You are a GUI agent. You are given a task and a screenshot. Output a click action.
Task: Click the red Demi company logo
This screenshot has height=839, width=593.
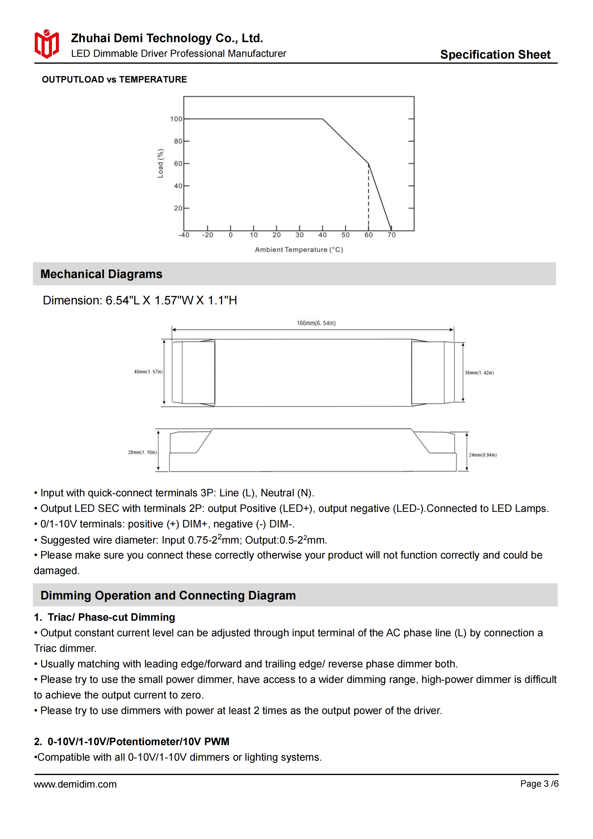tap(47, 44)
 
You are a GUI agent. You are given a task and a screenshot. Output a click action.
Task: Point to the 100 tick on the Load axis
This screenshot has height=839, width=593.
tap(176, 119)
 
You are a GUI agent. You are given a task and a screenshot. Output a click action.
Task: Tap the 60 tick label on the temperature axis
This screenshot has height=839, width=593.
tap(368, 235)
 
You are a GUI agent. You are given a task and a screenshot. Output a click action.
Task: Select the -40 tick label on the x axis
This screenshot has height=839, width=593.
tap(184, 235)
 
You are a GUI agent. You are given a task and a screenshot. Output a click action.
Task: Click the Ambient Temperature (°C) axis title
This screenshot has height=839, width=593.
tap(299, 250)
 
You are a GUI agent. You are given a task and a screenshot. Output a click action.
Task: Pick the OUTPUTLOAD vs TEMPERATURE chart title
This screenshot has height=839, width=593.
tap(114, 80)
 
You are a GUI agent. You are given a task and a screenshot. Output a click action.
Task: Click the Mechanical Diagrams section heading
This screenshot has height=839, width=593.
tap(101, 274)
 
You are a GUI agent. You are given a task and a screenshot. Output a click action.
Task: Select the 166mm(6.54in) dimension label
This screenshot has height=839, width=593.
tap(316, 323)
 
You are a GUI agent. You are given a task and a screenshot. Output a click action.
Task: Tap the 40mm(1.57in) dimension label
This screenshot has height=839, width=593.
tap(148, 372)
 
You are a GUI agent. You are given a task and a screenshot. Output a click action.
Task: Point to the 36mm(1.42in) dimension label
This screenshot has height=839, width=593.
tap(479, 373)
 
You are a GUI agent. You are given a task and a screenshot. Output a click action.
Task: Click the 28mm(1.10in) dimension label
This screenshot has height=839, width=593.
tap(143, 452)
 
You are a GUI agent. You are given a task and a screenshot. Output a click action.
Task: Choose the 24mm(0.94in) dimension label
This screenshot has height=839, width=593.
tap(483, 455)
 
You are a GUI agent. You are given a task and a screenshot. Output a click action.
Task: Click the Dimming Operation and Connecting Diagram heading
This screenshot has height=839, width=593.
tap(168, 595)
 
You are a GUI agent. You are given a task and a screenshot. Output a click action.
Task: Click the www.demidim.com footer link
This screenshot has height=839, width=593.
tap(75, 784)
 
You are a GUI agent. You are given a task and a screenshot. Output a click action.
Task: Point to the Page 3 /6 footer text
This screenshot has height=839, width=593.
tap(539, 784)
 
